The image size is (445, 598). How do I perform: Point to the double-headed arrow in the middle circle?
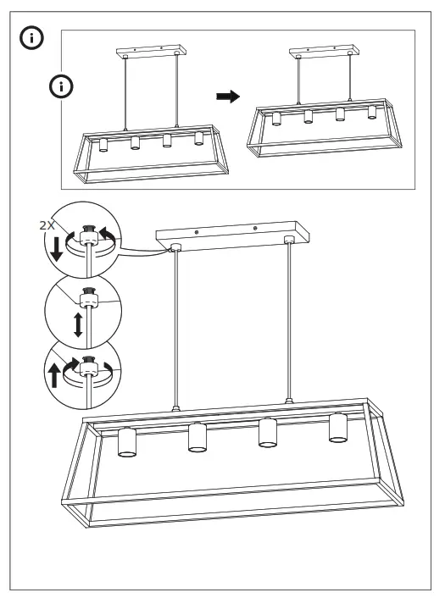click(x=78, y=324)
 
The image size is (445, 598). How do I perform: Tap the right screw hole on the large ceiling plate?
click(x=255, y=227)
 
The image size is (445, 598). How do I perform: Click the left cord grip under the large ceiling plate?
click(x=175, y=249)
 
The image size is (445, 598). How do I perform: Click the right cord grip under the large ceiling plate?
click(x=289, y=241)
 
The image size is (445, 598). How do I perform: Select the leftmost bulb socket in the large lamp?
click(x=127, y=443)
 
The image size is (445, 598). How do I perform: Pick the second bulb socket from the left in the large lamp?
click(x=197, y=438)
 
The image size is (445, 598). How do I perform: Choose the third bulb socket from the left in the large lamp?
click(x=268, y=433)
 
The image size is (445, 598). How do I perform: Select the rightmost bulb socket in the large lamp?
click(x=338, y=428)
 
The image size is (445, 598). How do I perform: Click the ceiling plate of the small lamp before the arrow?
click(x=149, y=53)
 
